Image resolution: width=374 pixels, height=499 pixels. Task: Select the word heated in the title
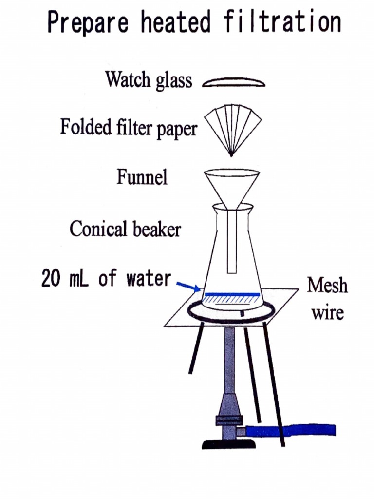coord(177,22)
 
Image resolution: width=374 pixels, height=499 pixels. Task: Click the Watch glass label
coord(149,80)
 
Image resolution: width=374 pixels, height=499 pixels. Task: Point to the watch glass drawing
coord(234,83)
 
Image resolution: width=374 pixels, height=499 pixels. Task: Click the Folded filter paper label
coord(129,128)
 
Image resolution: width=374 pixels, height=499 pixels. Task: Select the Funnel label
coord(142,176)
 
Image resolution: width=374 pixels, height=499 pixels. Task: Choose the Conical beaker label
coord(125,229)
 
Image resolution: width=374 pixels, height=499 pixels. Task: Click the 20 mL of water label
coord(106,279)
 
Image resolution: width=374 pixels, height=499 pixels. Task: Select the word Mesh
coord(327,285)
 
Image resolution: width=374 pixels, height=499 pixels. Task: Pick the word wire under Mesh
coord(327,312)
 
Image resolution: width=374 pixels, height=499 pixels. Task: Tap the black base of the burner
coord(229,444)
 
